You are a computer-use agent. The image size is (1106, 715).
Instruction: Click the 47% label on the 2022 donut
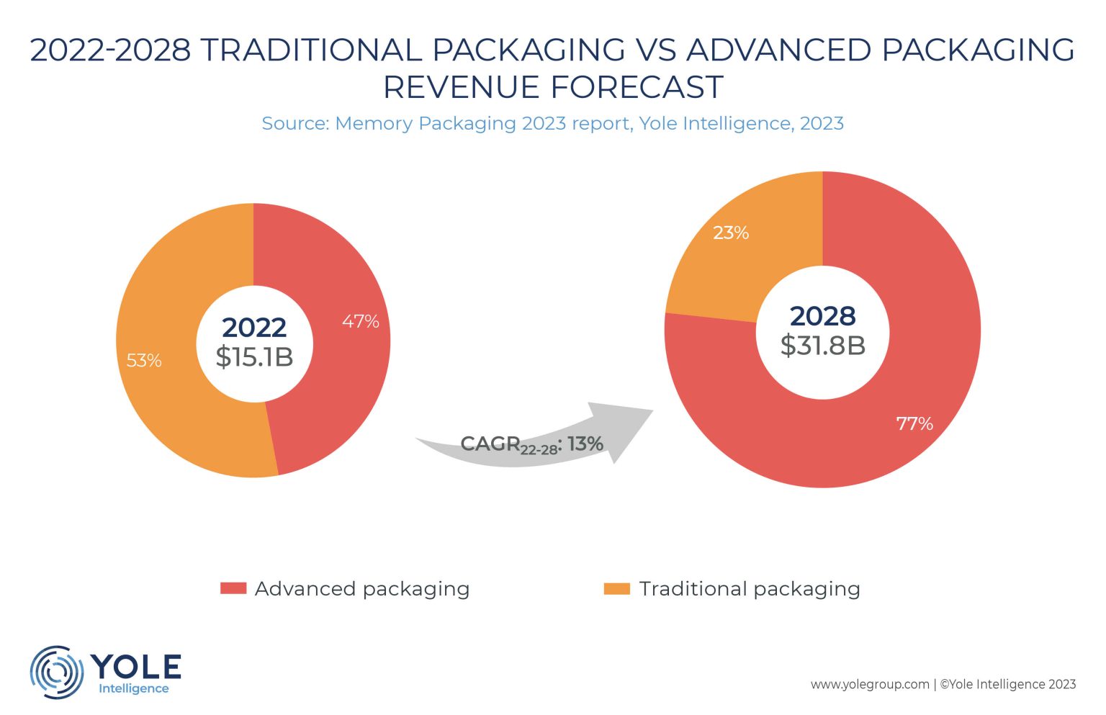tap(360, 321)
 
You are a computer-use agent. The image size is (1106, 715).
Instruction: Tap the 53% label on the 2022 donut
tap(144, 360)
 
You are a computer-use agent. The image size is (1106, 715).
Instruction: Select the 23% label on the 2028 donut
tap(731, 233)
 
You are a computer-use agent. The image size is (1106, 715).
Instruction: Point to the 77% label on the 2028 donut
tap(914, 423)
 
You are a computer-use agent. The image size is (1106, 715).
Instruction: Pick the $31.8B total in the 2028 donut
tap(822, 346)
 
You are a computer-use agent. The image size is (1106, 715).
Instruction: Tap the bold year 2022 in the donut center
tap(254, 328)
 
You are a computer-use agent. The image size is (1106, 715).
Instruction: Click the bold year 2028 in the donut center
tap(822, 316)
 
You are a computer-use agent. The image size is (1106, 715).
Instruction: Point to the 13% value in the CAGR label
tap(585, 444)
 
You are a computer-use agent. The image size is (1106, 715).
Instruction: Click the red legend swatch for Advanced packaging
tap(233, 588)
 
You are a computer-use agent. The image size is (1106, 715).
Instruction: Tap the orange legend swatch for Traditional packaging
tap(616, 588)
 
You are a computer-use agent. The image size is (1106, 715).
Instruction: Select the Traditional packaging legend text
tap(750, 589)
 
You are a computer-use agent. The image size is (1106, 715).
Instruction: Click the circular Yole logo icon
tap(56, 671)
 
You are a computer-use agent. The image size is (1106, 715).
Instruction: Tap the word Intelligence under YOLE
tap(134, 688)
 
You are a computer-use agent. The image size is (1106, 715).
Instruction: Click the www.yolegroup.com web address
tap(870, 684)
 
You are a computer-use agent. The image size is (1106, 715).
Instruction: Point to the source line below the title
tap(552, 123)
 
